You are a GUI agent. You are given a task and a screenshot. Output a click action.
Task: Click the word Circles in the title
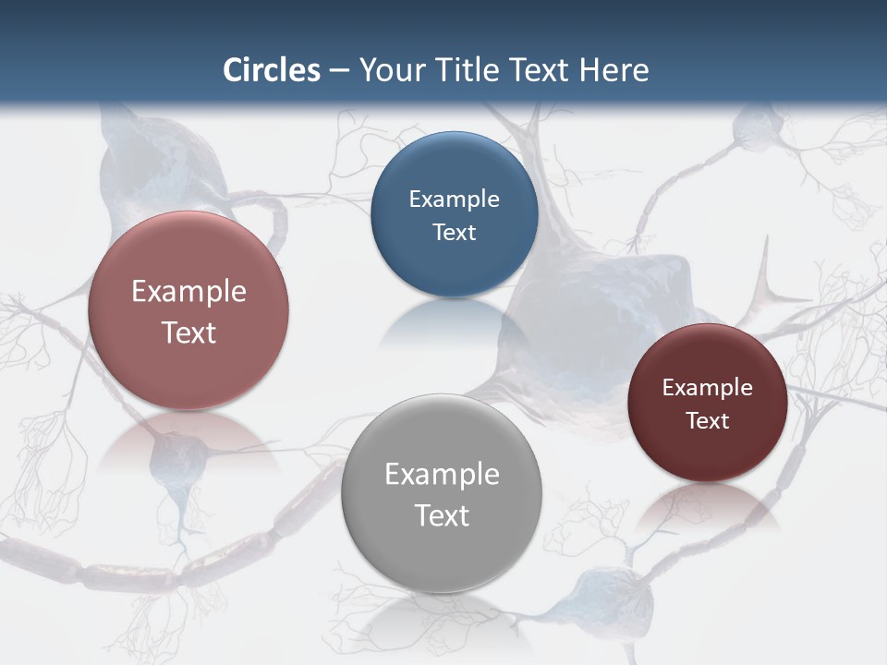point(272,70)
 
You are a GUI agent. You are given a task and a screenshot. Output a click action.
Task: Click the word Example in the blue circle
point(455,199)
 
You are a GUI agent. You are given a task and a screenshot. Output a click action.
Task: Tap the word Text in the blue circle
point(455,233)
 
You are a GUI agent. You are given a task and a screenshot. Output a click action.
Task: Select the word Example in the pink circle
point(188,292)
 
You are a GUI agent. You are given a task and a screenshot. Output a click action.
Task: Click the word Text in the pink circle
point(188,332)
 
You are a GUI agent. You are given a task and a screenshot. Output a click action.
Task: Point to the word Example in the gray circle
point(442,475)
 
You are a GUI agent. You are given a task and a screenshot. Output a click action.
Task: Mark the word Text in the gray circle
point(442,515)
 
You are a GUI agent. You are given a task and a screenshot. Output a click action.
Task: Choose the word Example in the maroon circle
point(708,388)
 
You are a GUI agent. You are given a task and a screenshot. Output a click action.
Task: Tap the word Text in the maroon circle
point(708,421)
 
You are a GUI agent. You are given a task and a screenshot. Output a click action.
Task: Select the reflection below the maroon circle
point(707,503)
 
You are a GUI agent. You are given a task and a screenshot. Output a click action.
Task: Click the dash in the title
point(339,71)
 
